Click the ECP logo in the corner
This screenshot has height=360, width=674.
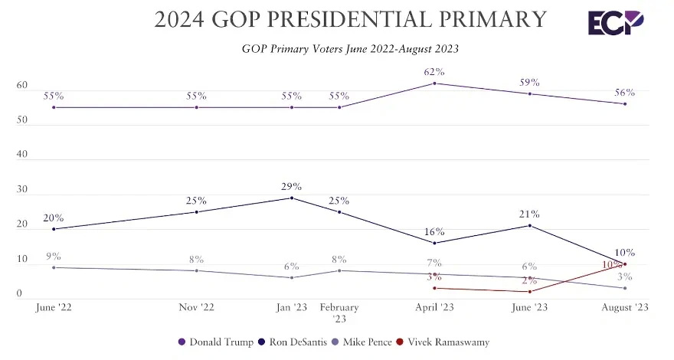coord(616,22)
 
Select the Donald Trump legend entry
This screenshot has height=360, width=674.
coord(216,342)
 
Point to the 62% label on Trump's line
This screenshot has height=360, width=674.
coord(434,72)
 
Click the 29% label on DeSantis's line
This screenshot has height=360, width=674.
coord(292,186)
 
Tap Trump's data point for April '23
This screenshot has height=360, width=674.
coord(434,83)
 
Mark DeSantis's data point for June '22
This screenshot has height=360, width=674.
coord(54,229)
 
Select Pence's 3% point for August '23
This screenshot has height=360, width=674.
coord(626,288)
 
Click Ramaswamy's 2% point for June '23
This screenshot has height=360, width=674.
coord(529,291)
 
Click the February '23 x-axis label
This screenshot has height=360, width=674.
coord(339,313)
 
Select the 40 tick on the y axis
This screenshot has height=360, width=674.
coord(21,155)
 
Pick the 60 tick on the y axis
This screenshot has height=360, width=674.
coord(21,86)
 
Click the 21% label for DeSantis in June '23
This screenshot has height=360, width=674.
coord(529,214)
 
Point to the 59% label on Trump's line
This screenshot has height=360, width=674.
coord(529,82)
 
